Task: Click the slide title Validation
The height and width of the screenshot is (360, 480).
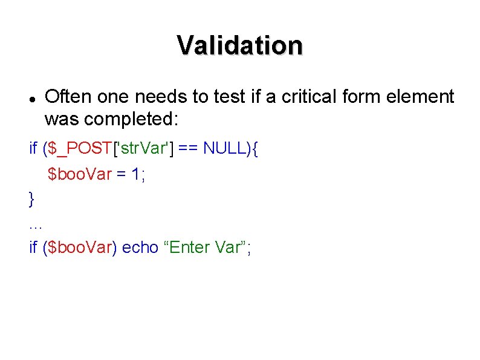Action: [x=240, y=45]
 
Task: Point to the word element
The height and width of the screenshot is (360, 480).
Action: [x=419, y=96]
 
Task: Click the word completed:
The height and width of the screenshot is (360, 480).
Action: [x=131, y=119]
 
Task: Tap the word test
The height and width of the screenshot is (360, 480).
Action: [x=222, y=96]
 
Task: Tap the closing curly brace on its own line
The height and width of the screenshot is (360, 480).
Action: [x=32, y=198]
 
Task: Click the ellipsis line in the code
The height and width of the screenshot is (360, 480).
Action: [x=35, y=225]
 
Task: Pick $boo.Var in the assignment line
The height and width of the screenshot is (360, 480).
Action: [x=80, y=174]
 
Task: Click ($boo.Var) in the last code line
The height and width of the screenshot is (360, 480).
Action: [x=80, y=247]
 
